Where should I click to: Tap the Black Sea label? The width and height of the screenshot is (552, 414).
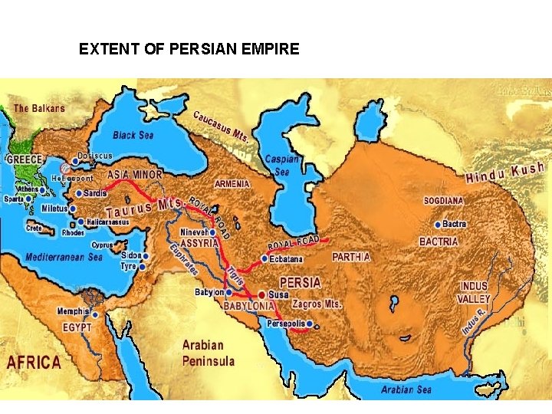pos(133,135)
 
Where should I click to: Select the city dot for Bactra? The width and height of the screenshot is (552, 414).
pos(437,225)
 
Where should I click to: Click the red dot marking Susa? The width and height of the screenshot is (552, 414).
pos(261,294)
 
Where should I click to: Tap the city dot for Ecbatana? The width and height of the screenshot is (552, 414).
pos(264,258)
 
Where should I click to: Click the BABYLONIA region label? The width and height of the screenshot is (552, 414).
pos(248,306)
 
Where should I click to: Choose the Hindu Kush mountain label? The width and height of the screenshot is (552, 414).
pos(505,172)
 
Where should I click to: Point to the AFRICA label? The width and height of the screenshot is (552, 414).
pos(34,363)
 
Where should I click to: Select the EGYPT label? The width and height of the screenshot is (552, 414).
pos(77,327)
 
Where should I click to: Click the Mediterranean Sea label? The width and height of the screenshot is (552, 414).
pos(64,258)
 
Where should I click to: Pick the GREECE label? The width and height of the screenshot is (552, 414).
pos(25,159)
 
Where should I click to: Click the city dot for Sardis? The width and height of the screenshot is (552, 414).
pos(78,193)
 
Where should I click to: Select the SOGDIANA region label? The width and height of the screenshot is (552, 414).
pos(443,201)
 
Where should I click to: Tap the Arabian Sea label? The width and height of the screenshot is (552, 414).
pos(406,390)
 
